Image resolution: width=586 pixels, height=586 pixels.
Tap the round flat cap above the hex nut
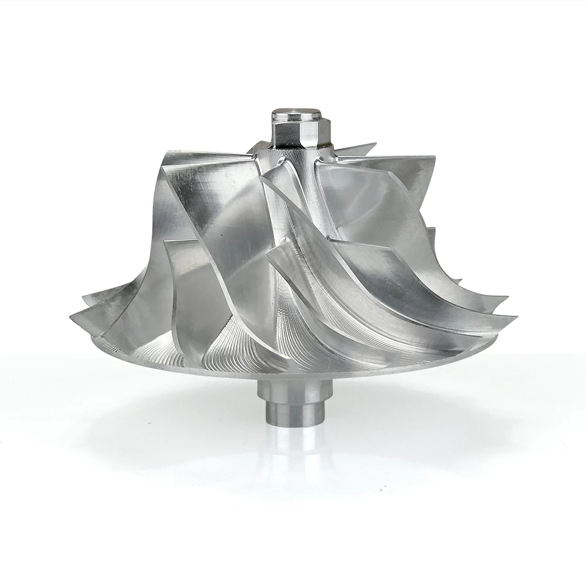point(297,113)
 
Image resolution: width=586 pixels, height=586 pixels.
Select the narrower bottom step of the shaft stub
point(295,413)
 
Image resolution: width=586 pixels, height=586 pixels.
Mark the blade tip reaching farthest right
point(515,317)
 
